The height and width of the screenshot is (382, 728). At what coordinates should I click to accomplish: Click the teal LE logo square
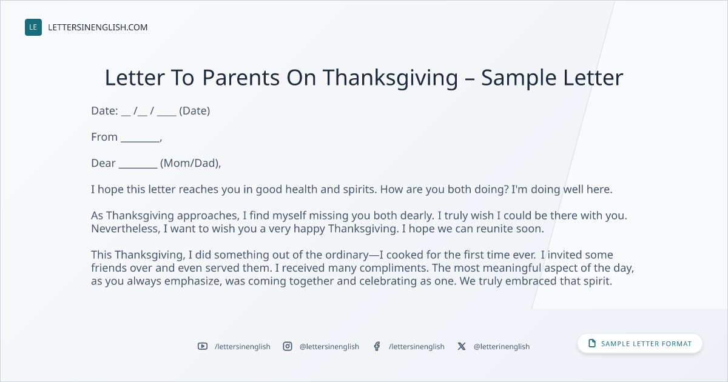33,27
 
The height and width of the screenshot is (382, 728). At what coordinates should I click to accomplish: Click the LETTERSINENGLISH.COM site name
98,27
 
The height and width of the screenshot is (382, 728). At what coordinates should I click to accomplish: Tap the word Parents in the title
241,78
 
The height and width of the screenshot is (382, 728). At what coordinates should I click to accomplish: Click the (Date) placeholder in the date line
194,111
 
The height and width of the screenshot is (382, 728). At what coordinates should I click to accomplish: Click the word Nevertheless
126,229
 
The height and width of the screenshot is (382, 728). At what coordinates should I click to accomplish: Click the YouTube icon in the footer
203,346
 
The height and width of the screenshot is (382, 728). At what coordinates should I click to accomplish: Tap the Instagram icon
288,346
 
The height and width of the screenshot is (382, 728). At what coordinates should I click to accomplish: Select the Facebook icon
377,346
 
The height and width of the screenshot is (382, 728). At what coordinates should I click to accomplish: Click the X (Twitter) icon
462,346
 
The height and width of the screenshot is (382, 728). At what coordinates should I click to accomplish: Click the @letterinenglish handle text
502,347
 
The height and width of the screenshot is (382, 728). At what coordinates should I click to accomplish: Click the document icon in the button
592,343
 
